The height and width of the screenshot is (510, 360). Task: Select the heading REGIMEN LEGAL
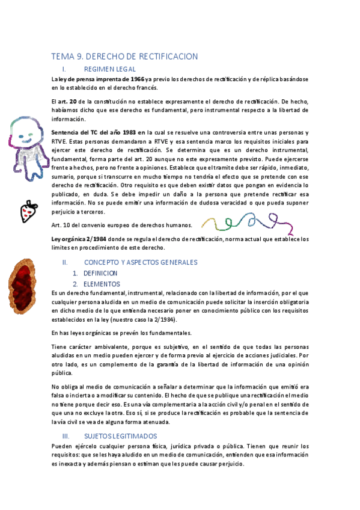click(x=114, y=69)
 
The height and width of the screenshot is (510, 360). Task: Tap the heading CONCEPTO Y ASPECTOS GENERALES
click(x=141, y=262)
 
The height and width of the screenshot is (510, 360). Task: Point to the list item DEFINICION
click(x=100, y=273)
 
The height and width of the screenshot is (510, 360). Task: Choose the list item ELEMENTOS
click(x=102, y=283)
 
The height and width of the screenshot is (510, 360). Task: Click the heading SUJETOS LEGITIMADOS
click(x=120, y=435)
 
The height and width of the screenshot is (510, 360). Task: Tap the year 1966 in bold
click(x=137, y=79)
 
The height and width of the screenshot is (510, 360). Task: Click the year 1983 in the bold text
click(x=126, y=132)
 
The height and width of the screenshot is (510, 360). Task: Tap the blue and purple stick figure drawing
click(x=26, y=142)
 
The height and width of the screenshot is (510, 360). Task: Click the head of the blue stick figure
click(x=26, y=128)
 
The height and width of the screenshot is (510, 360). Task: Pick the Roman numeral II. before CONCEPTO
click(x=66, y=262)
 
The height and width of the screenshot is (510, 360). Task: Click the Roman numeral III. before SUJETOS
click(x=66, y=435)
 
